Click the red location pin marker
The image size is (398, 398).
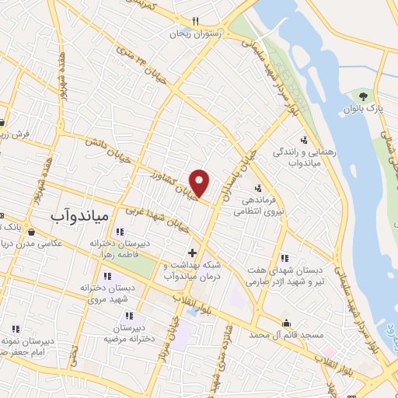coord(200,182)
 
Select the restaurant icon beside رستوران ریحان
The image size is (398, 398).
coord(195,22)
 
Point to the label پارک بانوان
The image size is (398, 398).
coord(364,110)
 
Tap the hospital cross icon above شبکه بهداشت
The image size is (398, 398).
coord(192,253)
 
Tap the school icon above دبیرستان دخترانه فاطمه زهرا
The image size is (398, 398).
coord(119,232)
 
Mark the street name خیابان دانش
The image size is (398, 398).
coord(109,151)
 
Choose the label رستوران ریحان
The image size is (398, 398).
coord(196,34)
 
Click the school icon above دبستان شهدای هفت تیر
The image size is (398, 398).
coord(284,258)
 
